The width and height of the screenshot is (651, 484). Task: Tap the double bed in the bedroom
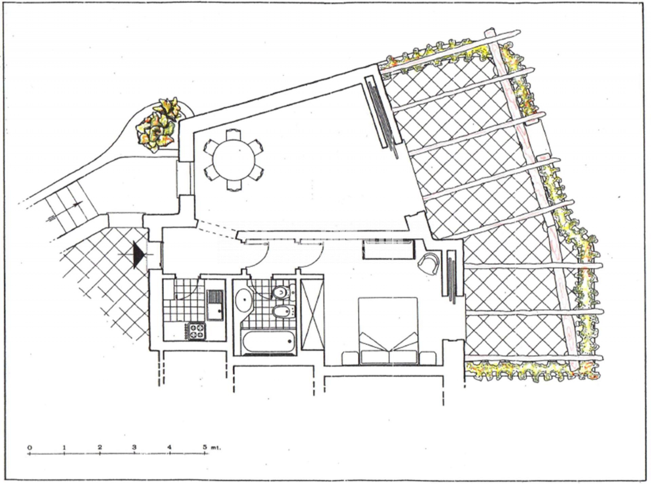pos(388,331)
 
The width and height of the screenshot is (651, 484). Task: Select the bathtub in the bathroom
pos(268,342)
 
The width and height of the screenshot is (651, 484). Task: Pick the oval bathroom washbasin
pos(243,299)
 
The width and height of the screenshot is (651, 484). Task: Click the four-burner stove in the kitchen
pos(196,331)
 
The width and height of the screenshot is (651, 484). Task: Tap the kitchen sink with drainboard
pos(215,305)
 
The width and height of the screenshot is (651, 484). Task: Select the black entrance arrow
pos(139,255)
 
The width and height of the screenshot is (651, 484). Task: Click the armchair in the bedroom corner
pos(429,263)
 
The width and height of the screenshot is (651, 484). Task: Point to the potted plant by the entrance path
pos(158,124)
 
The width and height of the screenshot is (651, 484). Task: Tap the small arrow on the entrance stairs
pos(77,204)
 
